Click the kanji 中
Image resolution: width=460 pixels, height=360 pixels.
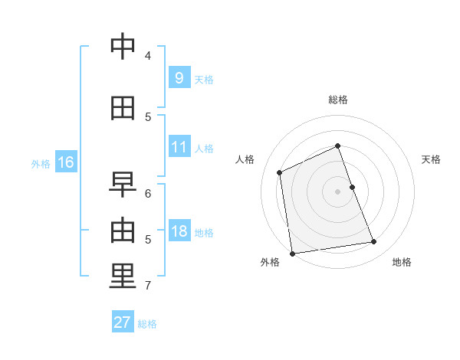[123, 46]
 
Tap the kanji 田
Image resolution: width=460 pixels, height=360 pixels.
[123, 108]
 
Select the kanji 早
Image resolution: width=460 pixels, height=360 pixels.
[123, 185]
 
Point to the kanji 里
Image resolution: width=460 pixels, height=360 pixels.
[123, 276]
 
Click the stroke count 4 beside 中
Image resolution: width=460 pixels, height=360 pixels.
[148, 55]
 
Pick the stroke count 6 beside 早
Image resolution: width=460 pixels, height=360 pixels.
[148, 194]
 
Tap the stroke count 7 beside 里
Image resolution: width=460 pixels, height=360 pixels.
[148, 285]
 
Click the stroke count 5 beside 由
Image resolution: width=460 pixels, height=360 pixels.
[148, 240]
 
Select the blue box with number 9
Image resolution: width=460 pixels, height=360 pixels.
[180, 77]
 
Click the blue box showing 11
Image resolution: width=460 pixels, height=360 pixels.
[180, 146]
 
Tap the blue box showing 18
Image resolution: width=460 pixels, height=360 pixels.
[180, 230]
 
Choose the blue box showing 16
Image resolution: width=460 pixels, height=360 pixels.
[66, 162]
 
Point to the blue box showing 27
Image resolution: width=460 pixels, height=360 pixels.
[123, 321]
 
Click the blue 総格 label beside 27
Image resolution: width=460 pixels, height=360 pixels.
[147, 324]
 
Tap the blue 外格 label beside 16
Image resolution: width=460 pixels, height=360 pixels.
[41, 164]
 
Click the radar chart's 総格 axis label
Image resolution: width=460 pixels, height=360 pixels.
[338, 100]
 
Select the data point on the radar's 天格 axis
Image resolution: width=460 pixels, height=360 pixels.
[353, 187]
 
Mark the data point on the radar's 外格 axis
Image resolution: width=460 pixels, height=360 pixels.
[292, 254]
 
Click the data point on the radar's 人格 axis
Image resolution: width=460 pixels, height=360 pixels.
[280, 172]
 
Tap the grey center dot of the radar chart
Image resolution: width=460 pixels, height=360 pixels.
[337, 191]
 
